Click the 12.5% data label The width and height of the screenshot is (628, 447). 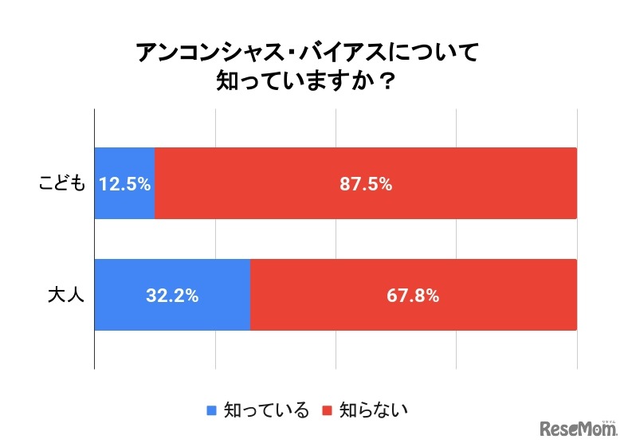(x=125, y=184)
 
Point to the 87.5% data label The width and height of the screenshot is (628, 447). (x=366, y=184)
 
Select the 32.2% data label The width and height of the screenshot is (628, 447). (x=172, y=296)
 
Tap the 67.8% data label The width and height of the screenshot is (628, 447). (x=414, y=296)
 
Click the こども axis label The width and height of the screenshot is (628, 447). (x=61, y=183)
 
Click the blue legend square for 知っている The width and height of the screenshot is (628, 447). (x=212, y=411)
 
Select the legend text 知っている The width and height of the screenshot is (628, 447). (x=266, y=411)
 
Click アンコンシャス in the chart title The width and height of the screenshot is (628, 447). (x=216, y=53)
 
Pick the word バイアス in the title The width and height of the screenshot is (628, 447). (x=347, y=53)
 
